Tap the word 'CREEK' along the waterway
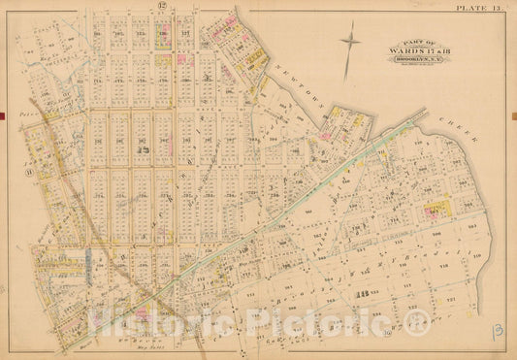click(x=463, y=134)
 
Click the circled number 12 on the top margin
click(x=163, y=8)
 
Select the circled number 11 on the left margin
click(x=30, y=172)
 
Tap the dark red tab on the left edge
click(x=3, y=116)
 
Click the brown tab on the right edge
click(x=513, y=116)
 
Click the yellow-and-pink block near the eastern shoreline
click(x=438, y=206)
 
